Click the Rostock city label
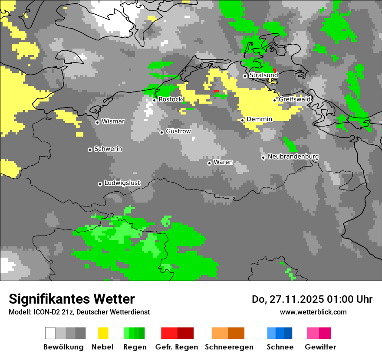click(171, 99)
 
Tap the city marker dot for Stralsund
click(245, 76)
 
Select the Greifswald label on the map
click(295, 99)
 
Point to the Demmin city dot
click(243, 120)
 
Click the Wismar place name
click(113, 121)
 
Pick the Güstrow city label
click(178, 131)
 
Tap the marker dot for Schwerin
click(90, 150)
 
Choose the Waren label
click(223, 162)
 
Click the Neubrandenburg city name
click(293, 157)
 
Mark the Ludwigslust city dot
click(100, 184)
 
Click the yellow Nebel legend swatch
click(103, 333)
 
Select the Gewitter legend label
click(320, 347)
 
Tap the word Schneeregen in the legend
click(229, 347)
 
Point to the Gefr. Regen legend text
click(177, 347)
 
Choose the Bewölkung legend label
click(63, 347)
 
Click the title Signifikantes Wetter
click(72, 299)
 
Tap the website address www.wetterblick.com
click(313, 312)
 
